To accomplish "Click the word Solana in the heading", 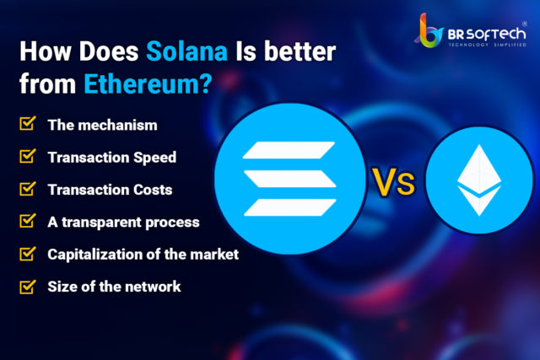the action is [187, 51].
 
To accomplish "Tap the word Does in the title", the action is [109, 51].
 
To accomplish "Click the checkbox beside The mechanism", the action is [28, 124].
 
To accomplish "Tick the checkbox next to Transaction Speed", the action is [28, 156].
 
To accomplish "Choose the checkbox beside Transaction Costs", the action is [28, 188].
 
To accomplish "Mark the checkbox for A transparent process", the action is [28, 221].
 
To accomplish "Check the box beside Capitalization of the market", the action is [28, 253].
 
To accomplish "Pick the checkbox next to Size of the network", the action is [28, 286].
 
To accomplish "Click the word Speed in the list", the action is [155, 158].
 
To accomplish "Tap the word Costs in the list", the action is [153, 190].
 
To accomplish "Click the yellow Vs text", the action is [394, 182].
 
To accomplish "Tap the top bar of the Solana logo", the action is [289, 150].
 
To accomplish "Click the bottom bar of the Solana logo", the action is [290, 207].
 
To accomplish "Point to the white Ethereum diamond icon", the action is [479, 180].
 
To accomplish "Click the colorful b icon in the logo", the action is [429, 30].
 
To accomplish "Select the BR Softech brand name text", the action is [487, 34].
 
